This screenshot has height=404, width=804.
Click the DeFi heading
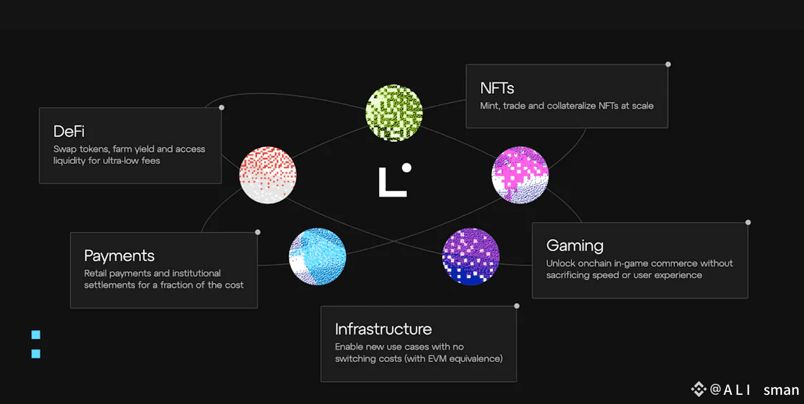click(69, 132)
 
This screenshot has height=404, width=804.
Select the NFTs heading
click(497, 89)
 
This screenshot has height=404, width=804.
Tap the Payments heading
click(119, 256)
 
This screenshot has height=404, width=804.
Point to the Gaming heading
click(575, 246)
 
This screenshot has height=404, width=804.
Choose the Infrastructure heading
click(383, 329)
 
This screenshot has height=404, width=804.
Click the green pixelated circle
click(394, 112)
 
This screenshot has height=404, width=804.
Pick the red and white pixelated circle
click(268, 175)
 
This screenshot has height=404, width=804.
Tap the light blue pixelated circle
click(318, 256)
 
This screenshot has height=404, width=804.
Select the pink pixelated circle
click(520, 175)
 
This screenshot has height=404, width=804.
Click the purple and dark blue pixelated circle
click(471, 257)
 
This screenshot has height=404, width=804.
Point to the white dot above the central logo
click(407, 168)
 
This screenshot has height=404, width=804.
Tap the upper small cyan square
click(36, 334)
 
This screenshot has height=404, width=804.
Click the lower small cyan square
click(36, 353)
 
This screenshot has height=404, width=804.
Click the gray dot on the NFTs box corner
click(668, 64)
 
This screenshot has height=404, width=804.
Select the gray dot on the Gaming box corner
click(748, 222)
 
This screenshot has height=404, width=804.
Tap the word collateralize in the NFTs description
click(556, 106)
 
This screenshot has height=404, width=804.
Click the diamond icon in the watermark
click(698, 390)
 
